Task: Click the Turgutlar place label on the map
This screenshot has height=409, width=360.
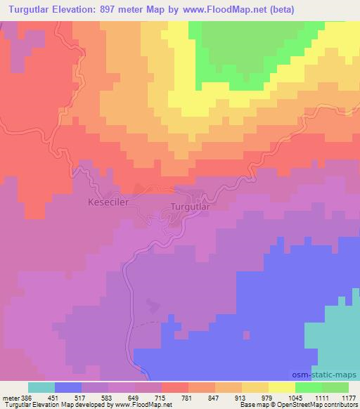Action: [191, 208]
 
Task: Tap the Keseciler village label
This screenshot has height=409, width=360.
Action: [108, 202]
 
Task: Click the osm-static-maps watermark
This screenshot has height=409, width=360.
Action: [330, 375]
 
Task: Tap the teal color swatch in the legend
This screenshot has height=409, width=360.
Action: [42, 387]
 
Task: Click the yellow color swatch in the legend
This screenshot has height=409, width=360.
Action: [283, 387]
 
